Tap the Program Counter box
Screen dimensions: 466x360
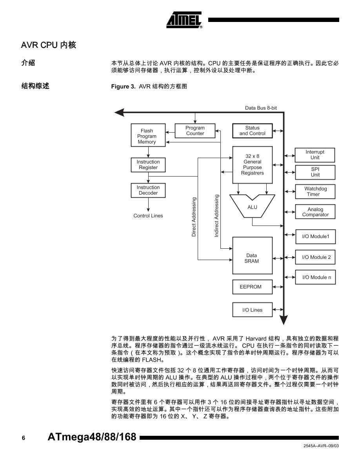point(195,131)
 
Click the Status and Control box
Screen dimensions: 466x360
point(252,131)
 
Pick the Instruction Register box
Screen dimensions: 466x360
point(148,165)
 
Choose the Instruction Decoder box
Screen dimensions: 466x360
point(148,190)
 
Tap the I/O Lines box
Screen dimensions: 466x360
point(252,310)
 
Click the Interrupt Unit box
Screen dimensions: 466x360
point(315,155)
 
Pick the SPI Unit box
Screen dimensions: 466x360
point(315,172)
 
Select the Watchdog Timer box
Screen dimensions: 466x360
point(315,191)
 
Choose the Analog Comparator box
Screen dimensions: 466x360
point(315,212)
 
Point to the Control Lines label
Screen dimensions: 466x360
point(148,216)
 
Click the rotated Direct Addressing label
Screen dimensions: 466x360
point(194,217)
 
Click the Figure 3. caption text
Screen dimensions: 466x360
point(149,86)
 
